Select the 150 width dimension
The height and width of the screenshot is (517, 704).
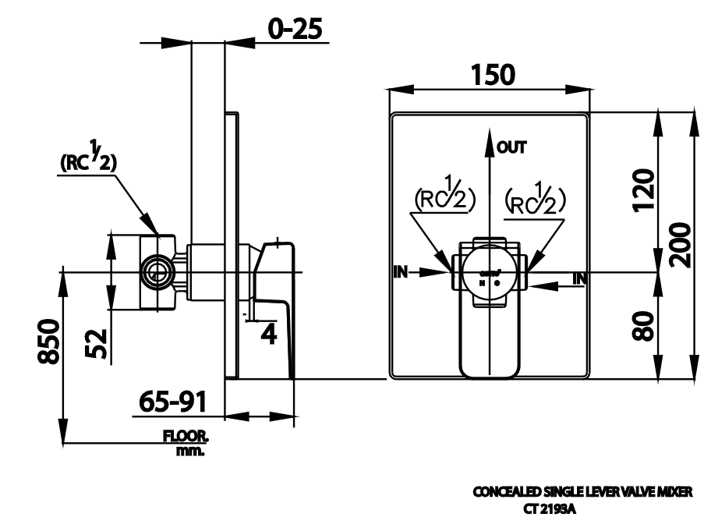[492, 75]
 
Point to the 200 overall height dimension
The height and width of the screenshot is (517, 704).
[683, 244]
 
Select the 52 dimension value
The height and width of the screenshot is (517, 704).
[96, 342]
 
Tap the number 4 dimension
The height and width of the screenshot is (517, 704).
[267, 334]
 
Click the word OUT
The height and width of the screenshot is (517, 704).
[512, 146]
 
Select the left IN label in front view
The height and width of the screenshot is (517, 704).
[401, 271]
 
